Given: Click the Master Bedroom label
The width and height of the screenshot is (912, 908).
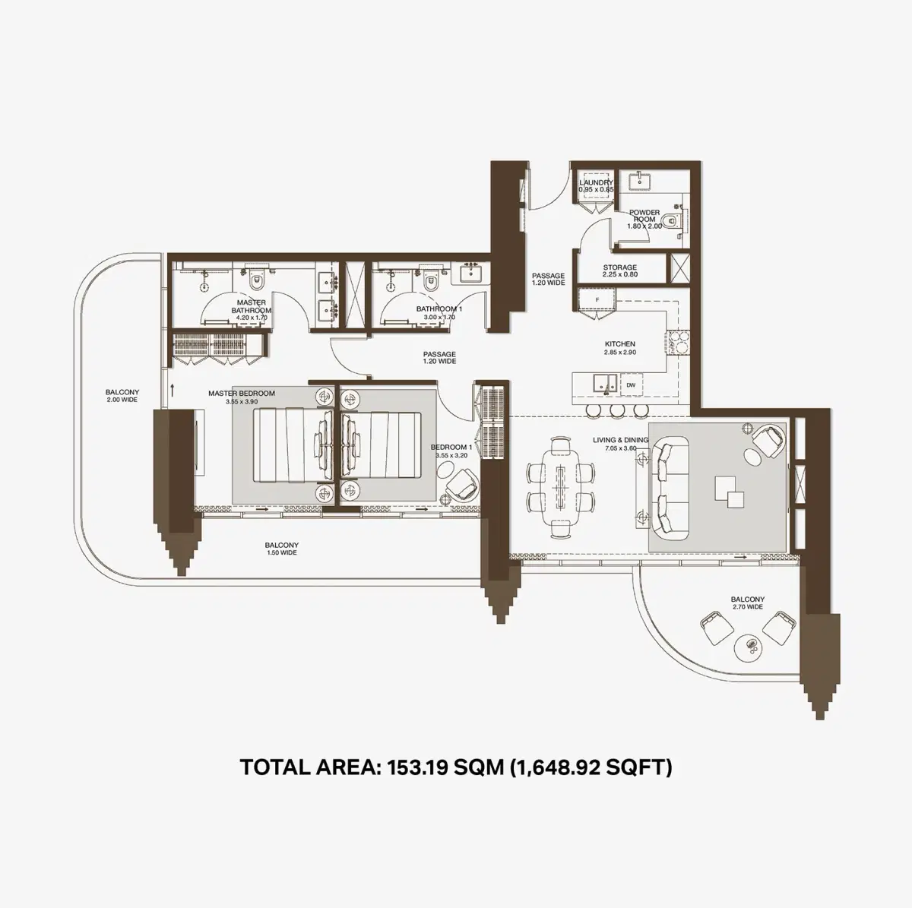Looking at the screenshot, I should click(x=242, y=394).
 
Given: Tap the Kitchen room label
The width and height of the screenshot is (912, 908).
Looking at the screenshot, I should click(x=620, y=344).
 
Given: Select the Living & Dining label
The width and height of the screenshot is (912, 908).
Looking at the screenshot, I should click(x=620, y=440).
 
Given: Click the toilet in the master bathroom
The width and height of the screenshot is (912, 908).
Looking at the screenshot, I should click(x=258, y=281).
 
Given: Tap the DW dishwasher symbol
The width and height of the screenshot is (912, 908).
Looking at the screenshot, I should click(x=630, y=386).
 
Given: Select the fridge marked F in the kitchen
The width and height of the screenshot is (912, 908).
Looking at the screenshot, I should click(x=597, y=300).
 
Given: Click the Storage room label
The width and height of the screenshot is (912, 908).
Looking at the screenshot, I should click(x=619, y=267).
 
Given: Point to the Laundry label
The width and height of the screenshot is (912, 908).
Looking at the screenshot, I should click(x=596, y=183).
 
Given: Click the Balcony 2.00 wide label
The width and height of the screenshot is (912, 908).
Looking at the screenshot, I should click(x=122, y=393).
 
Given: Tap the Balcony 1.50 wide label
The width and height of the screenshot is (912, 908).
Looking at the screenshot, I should click(x=281, y=546).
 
